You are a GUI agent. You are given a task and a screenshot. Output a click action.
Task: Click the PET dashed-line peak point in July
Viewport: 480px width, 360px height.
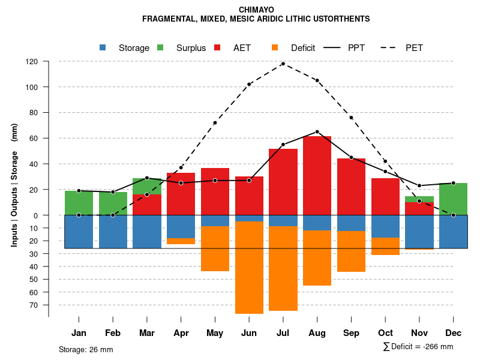[283, 64]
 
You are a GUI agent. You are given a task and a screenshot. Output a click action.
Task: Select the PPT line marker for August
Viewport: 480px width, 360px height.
[317, 132]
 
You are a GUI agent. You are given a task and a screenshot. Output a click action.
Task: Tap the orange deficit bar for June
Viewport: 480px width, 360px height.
[249, 268]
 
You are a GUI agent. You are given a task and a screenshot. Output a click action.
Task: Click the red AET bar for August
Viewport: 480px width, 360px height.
[317, 180]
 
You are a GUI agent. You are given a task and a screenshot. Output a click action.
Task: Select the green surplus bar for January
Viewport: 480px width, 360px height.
[79, 203]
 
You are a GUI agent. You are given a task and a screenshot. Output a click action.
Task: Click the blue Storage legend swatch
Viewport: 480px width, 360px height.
[103, 48]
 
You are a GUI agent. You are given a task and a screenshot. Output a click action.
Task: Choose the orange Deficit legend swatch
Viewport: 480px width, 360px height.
[275, 48]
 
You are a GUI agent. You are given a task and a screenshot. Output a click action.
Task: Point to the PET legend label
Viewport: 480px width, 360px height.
[414, 48]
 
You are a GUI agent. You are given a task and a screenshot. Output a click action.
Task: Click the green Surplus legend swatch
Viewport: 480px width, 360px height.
[160, 48]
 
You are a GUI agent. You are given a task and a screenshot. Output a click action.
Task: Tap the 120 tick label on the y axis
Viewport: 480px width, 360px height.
[32, 62]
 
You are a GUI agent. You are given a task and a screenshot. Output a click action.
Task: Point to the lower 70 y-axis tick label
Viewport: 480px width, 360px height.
[34, 305]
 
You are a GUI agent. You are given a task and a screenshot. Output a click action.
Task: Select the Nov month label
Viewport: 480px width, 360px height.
[419, 333]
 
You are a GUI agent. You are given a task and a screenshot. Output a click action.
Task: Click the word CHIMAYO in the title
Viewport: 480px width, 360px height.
[256, 10]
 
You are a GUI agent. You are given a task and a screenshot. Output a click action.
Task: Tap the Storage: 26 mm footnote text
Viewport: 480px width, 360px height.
[86, 349]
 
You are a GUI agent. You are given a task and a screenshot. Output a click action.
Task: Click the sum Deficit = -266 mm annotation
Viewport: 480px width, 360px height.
[418, 347]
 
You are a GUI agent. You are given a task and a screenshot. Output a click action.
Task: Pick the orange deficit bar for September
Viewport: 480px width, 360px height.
[351, 251]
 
